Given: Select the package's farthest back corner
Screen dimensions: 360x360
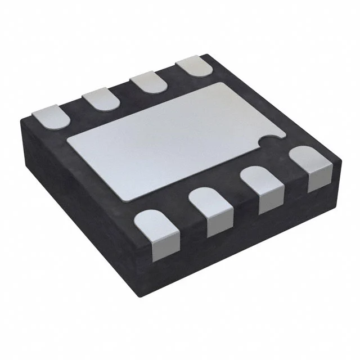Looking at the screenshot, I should click(206, 55).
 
